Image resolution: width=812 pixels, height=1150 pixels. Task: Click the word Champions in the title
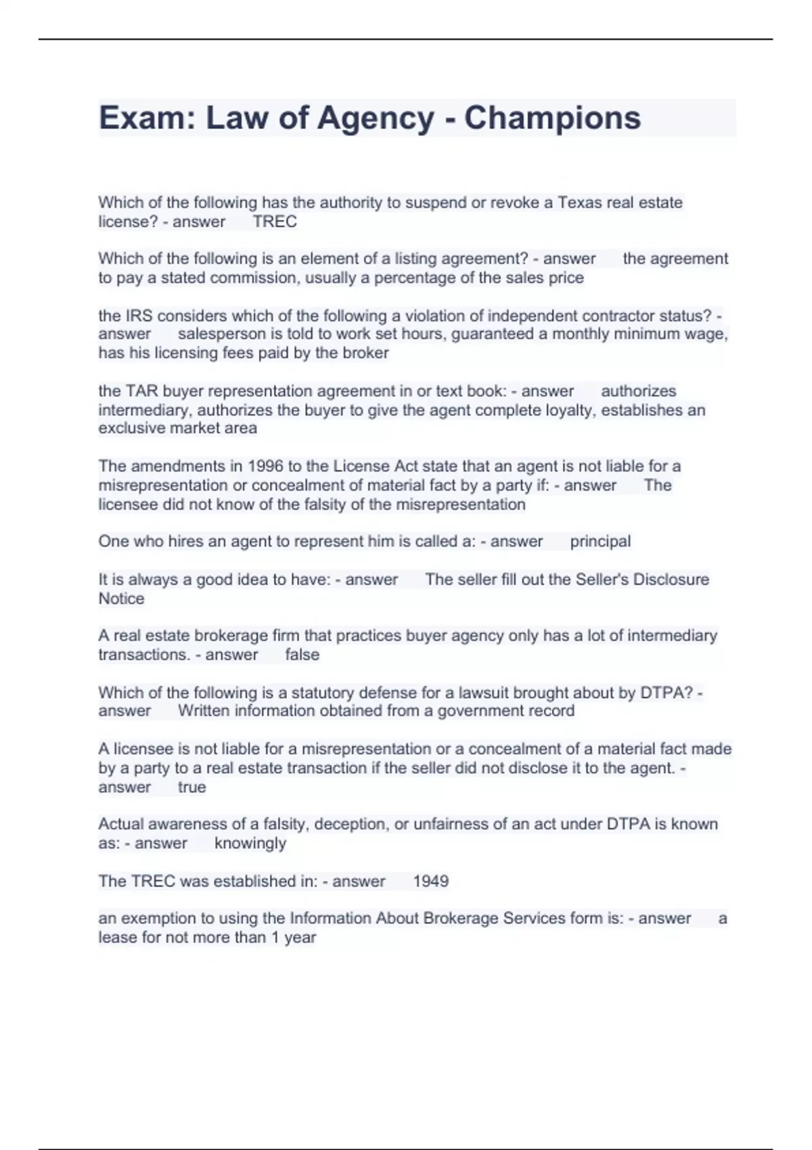(552, 118)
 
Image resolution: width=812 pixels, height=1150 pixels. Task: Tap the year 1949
(430, 881)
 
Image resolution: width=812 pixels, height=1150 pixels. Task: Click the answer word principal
(600, 541)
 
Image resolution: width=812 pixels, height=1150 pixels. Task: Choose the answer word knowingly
(250, 844)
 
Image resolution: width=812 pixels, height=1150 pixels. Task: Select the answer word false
(302, 655)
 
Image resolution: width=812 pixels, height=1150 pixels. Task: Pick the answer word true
(191, 787)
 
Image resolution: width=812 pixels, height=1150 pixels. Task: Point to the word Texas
(580, 202)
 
